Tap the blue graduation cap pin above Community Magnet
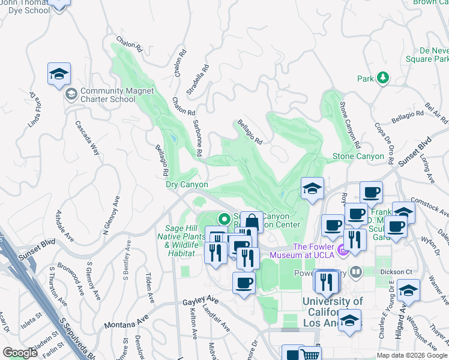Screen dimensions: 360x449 click(59, 74)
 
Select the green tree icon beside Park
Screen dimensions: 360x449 click(382, 79)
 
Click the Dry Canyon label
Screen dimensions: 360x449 click(187, 185)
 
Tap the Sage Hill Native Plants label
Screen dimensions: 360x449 click(180, 236)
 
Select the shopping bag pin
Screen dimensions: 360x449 click(253, 223)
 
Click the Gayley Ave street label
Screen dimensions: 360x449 click(200, 299)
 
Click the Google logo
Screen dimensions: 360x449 click(20, 353)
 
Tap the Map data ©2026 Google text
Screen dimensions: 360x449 click(411, 355)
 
